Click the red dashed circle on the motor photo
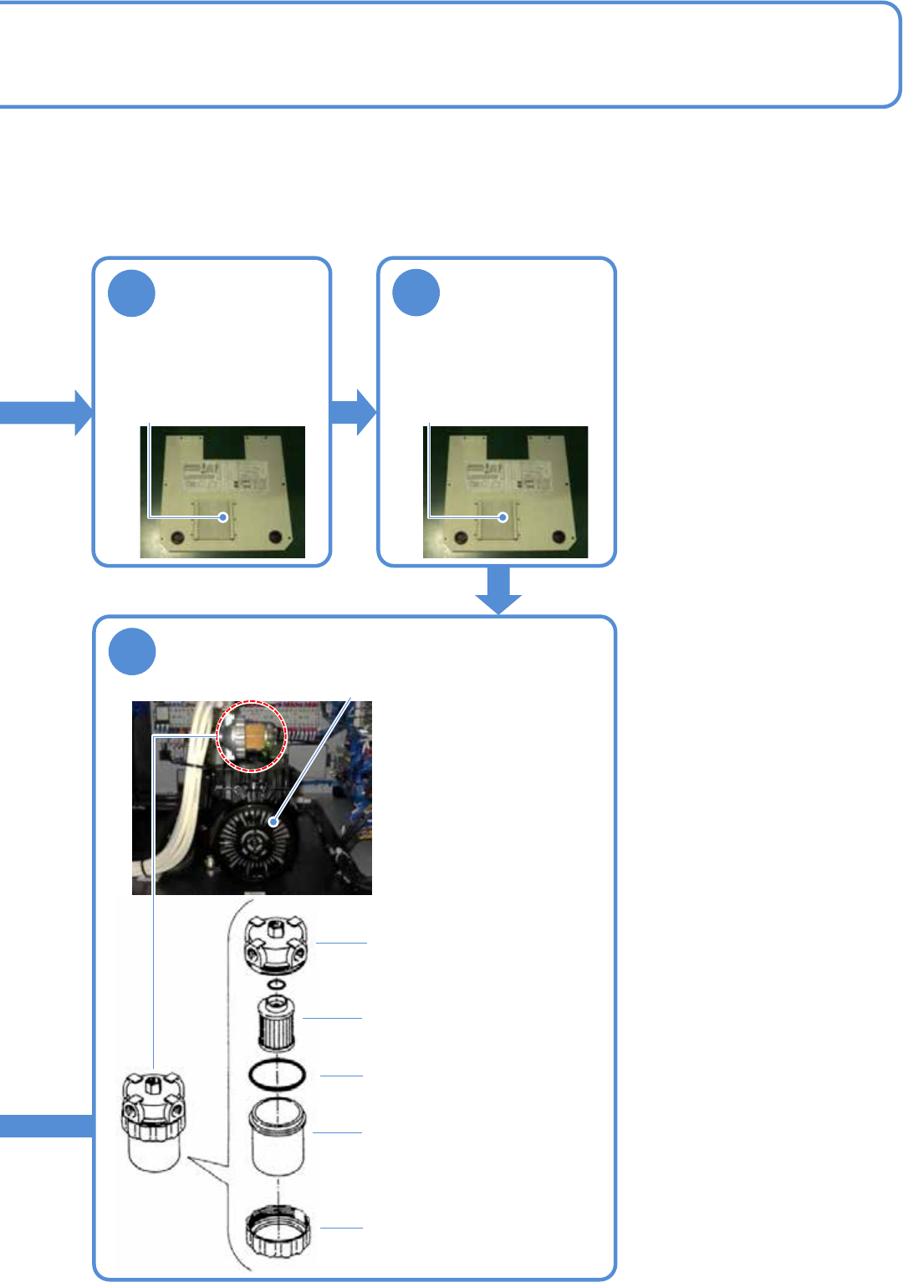pyautogui.click(x=252, y=735)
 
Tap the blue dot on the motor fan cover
pyautogui.click(x=273, y=822)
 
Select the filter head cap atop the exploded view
pyautogui.click(x=276, y=944)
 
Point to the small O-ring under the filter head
pyautogui.click(x=276, y=984)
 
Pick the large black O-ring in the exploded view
pyautogui.click(x=277, y=1075)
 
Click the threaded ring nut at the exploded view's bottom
pyautogui.click(x=278, y=1231)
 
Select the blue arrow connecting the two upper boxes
pyautogui.click(x=354, y=412)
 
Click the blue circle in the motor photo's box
pyautogui.click(x=132, y=652)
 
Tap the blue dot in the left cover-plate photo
pyautogui.click(x=223, y=517)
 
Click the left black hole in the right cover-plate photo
pyautogui.click(x=460, y=536)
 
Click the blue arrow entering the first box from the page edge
pyautogui.click(x=46, y=412)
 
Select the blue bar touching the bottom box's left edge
pyautogui.click(x=46, y=1126)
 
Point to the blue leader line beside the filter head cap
pyautogui.click(x=341, y=943)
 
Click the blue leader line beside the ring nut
pyautogui.click(x=342, y=1228)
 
